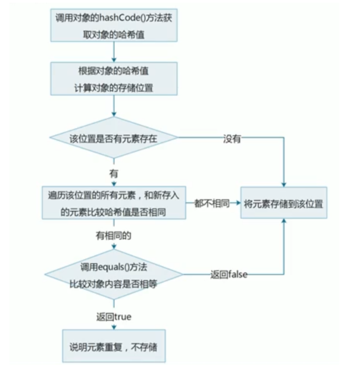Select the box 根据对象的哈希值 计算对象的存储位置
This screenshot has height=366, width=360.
pos(114,79)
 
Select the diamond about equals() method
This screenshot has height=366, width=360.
pos(114,275)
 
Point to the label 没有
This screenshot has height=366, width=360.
pos(231,138)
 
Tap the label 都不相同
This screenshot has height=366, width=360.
pos(211,204)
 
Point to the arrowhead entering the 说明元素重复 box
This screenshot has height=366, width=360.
pos(114,327)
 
